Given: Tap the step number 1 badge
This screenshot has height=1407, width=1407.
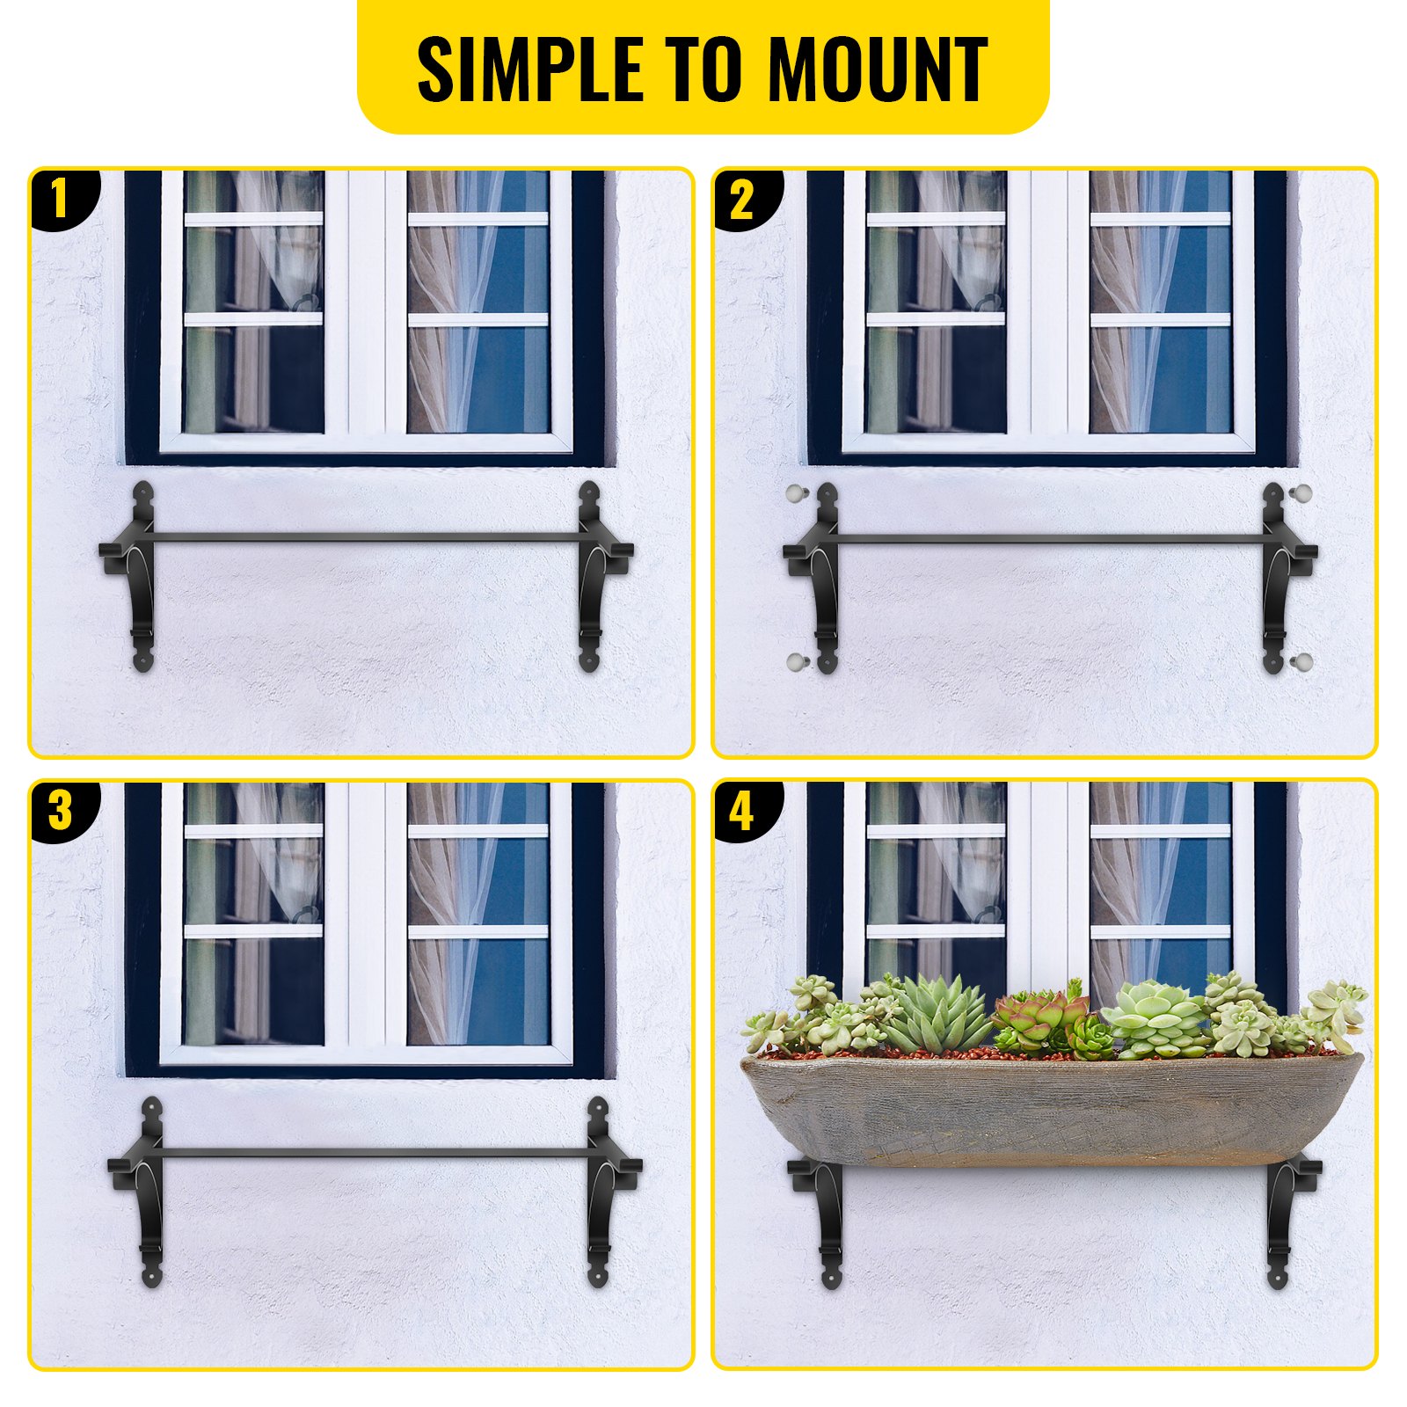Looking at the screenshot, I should point(60,199).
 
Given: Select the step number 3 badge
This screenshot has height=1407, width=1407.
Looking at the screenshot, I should point(60,810).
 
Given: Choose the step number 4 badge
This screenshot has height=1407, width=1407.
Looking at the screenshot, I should point(741,811).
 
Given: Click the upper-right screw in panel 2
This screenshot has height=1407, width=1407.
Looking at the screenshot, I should point(1301,492).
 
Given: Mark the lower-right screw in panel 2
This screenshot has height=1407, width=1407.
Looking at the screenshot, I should point(1302,661).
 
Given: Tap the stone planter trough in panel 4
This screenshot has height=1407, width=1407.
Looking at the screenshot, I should point(1051,1112).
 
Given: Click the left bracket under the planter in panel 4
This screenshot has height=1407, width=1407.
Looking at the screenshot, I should point(827,1222).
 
